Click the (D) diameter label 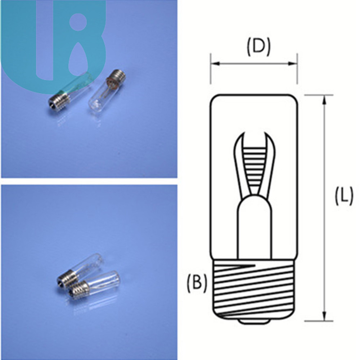click(258, 47)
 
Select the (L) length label click(344, 196)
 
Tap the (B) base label click(197, 283)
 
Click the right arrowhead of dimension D click(293, 64)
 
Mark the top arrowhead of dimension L click(324, 100)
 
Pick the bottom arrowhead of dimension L click(324, 316)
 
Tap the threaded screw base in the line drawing click(254, 289)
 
